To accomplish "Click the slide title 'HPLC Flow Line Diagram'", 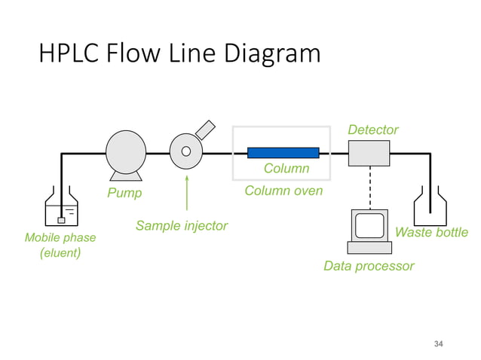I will (x=179, y=54).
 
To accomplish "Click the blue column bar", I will (x=283, y=153).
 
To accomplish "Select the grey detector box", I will (x=369, y=153).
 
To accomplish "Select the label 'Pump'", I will (x=124, y=194).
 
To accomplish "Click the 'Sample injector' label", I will (x=181, y=226).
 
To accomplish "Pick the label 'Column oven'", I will (x=283, y=191).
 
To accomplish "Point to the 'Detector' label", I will (x=372, y=130).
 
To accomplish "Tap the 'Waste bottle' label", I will (x=431, y=232).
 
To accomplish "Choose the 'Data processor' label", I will (x=368, y=266).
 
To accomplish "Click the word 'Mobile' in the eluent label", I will (x=43, y=238).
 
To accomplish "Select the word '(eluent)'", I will (x=60, y=254).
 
